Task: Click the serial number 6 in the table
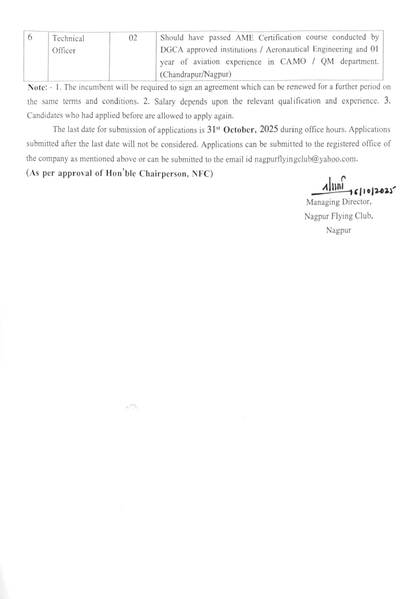(30, 38)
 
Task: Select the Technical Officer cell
(68, 44)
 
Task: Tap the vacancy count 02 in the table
(134, 39)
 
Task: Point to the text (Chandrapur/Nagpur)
(195, 75)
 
